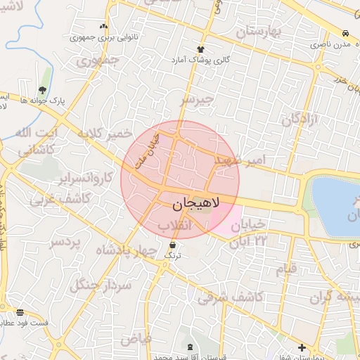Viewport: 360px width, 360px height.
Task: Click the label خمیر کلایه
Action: point(105,134)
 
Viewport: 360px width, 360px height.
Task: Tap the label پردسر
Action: point(65,243)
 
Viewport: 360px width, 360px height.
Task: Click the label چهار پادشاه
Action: point(124,251)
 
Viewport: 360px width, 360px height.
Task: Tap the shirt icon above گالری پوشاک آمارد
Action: point(200,49)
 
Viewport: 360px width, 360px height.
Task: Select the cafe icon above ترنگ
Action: point(172,244)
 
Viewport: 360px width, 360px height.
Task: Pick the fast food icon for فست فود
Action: point(20,311)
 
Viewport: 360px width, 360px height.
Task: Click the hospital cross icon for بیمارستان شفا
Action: point(302,347)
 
